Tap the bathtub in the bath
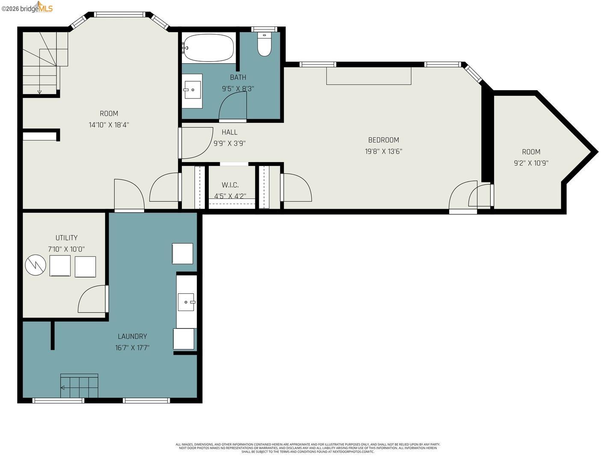208,48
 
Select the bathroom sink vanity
192,90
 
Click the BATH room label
238,77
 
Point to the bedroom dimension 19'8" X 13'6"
383,151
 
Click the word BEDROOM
383,140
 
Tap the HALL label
229,132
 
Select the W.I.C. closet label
230,185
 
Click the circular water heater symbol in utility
36,265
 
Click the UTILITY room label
66,238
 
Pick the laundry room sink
186,302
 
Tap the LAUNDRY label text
132,337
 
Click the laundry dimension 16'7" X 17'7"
132,348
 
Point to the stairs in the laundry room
79,386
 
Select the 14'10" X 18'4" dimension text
109,125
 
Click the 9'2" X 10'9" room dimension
531,163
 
